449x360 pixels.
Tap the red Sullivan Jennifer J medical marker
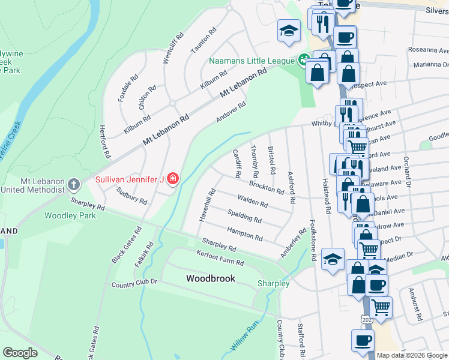coord(173,179)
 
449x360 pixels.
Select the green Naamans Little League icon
coord(304,60)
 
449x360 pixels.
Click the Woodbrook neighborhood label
coord(210,278)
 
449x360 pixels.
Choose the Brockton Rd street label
coord(267,187)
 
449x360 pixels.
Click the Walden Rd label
coord(252,202)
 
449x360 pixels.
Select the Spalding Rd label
coord(245,216)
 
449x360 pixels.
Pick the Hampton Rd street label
coord(244,233)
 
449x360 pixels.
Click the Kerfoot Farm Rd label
coord(220,259)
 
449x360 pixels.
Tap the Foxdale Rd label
coord(128,88)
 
